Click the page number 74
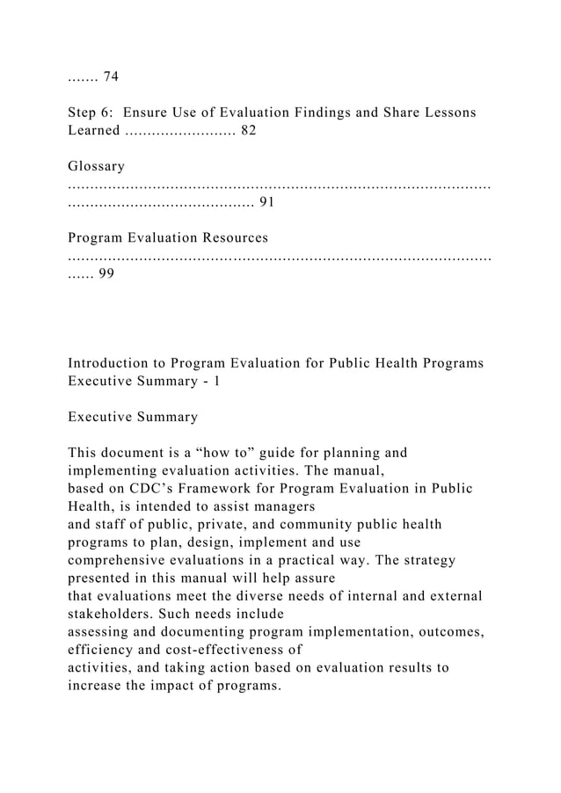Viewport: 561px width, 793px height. click(x=111, y=77)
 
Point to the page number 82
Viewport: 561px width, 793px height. click(x=249, y=131)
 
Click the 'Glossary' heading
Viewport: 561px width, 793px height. click(x=96, y=166)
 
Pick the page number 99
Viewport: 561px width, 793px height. click(x=105, y=273)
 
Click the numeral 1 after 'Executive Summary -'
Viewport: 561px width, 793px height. click(x=216, y=381)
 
